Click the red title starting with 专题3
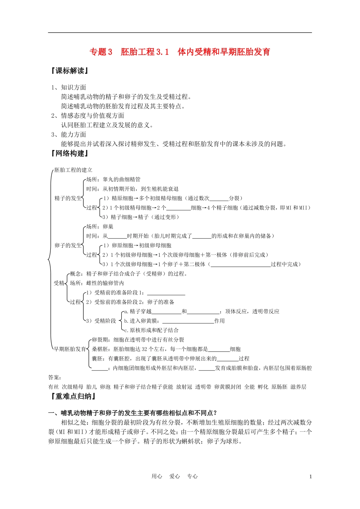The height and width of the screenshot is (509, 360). tap(180, 52)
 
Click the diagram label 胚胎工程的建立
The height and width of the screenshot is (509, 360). tap(73, 170)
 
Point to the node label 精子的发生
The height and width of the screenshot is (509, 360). tap(68, 198)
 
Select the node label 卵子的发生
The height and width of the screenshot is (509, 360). tap(68, 245)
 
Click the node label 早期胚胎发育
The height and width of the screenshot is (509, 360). tap(70, 349)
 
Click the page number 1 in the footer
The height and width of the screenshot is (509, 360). tap(311, 476)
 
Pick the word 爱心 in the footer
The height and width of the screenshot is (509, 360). tap(175, 476)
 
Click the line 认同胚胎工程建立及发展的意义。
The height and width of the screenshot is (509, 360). tap(107, 125)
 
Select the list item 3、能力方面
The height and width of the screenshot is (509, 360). tap(69, 134)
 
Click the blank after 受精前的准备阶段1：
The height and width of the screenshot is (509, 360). tap(166, 293)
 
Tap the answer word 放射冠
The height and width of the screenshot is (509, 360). tap(184, 387)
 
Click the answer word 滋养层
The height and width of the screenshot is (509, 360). tap(298, 387)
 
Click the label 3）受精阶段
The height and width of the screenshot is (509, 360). tap(101, 321)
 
